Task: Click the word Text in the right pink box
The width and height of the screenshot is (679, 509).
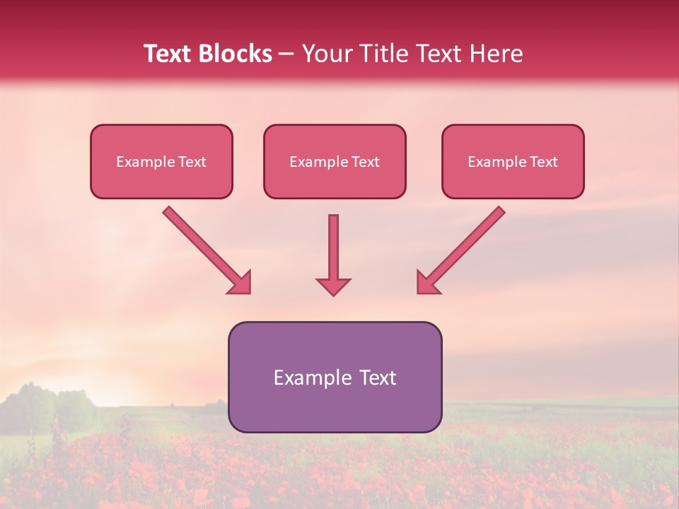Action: tap(544, 162)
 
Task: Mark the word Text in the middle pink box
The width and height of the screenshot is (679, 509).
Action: tap(366, 162)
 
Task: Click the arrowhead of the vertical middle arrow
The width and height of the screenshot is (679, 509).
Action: tap(333, 286)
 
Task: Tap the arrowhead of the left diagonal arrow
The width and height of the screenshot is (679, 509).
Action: tap(240, 283)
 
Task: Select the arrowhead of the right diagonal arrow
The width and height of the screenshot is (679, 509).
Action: tap(427, 283)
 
